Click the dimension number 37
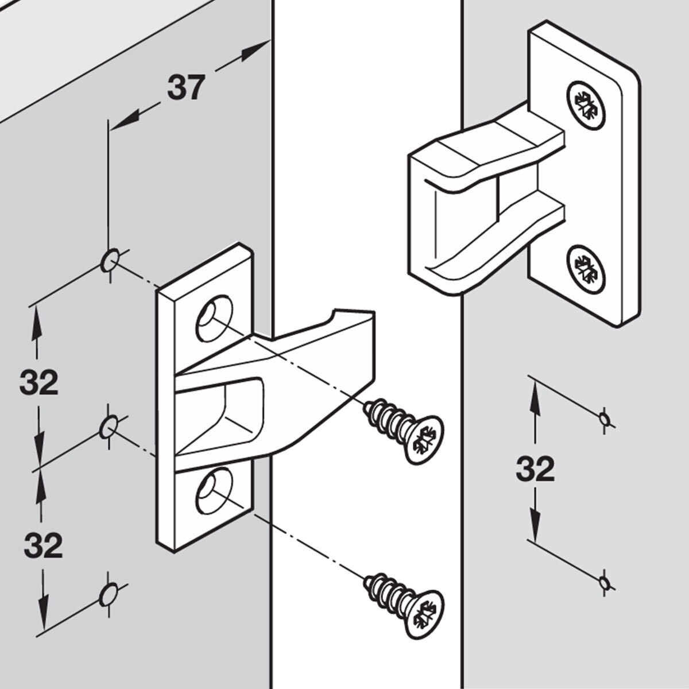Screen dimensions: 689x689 (185, 88)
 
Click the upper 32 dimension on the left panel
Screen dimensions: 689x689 (39, 382)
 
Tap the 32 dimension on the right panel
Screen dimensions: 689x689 (535, 469)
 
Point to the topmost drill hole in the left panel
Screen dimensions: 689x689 (109, 260)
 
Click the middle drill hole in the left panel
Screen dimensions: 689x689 (108, 428)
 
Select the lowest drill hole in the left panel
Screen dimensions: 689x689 (108, 594)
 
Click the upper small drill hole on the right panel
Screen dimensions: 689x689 (603, 417)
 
